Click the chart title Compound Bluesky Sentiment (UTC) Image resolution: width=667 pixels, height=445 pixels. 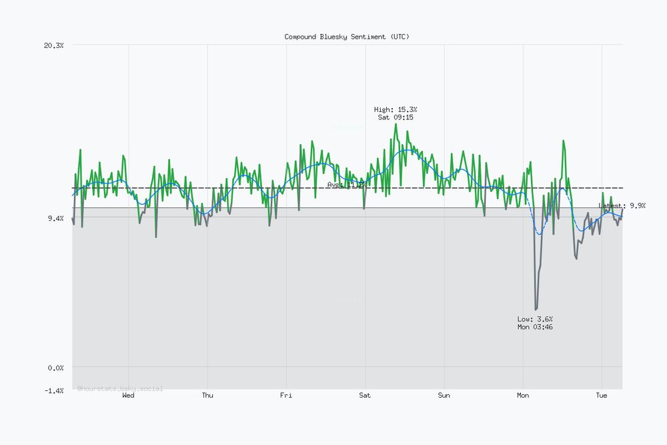[347, 37]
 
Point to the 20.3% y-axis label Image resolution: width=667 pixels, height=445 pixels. [53, 45]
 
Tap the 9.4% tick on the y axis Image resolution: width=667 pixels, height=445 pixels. [55, 218]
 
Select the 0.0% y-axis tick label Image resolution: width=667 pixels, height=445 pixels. [55, 368]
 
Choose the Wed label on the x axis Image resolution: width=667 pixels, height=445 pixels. [128, 396]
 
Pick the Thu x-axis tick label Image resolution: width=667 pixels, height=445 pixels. [207, 396]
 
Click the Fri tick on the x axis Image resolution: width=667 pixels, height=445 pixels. [286, 396]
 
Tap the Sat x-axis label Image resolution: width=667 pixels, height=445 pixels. [365, 396]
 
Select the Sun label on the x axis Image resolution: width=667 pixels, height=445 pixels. [444, 396]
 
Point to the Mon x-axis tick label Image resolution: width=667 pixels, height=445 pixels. [523, 396]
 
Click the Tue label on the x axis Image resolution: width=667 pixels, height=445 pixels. [602, 396]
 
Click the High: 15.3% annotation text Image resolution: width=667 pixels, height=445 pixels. [396, 109]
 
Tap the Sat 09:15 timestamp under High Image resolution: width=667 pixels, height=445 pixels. [396, 117]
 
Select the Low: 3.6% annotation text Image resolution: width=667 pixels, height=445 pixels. [535, 319]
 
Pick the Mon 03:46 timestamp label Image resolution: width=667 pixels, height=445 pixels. [535, 327]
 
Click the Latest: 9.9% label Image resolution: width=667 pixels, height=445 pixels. [622, 206]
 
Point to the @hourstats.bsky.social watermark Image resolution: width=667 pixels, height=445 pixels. [120, 388]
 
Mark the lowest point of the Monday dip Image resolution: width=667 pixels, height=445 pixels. [536, 309]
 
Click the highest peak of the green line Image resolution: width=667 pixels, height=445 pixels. [396, 124]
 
